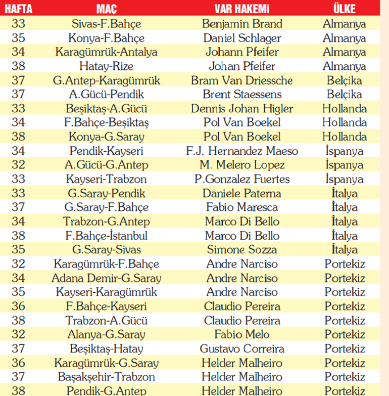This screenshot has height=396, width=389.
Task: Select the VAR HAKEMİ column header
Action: (241, 9)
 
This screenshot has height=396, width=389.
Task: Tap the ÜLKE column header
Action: (344, 9)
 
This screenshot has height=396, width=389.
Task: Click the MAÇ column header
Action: (106, 9)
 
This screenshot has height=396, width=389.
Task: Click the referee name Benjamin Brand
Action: (242, 24)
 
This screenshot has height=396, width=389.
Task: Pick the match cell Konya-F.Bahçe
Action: (106, 38)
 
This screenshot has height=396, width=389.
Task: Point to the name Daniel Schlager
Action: (242, 38)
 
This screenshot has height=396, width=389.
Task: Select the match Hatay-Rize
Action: (106, 66)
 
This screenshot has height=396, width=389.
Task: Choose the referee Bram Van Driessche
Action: (242, 80)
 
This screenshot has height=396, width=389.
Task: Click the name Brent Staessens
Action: (242, 95)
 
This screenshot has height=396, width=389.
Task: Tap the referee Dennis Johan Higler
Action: (242, 109)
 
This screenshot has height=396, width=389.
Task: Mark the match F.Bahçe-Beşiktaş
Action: (106, 123)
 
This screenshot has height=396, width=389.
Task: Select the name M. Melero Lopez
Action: (242, 165)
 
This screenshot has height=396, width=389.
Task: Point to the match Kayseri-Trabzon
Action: (106, 179)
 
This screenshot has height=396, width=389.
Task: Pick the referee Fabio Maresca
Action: (242, 207)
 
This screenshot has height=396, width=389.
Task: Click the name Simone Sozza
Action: (242, 250)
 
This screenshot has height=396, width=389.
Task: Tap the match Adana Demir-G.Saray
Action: (106, 278)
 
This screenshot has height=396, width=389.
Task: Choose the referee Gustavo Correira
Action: (242, 349)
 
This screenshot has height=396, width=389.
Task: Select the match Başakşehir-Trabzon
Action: (106, 377)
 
